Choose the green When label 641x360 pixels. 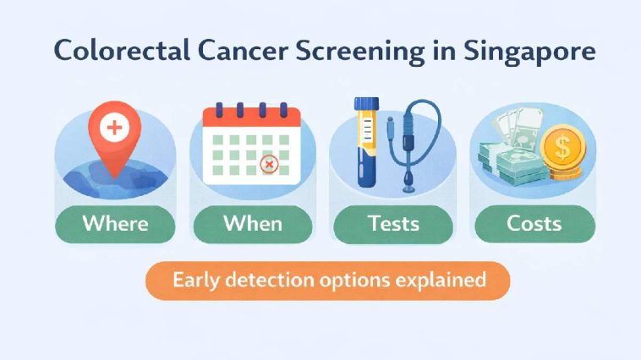click(x=252, y=224)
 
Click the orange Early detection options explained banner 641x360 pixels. click(x=329, y=281)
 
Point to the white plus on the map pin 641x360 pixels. click(x=112, y=128)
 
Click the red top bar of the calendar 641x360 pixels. click(x=252, y=116)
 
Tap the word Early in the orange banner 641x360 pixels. click(x=196, y=281)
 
